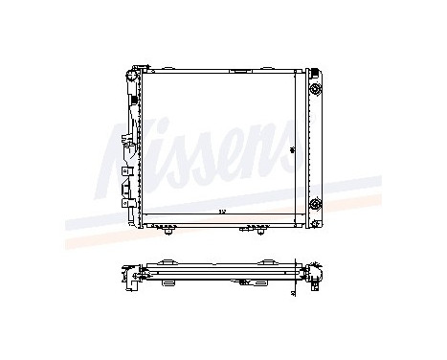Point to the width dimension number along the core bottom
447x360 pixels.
click(220, 211)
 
